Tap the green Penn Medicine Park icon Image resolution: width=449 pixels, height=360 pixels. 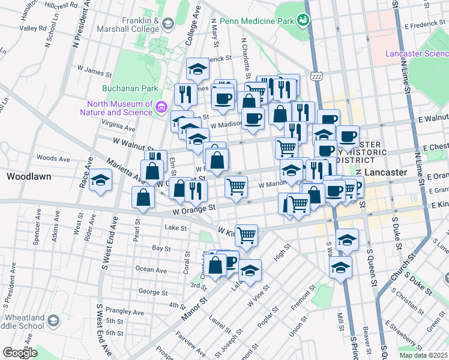[x=304, y=21]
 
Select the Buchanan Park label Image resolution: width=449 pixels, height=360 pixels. [x=130, y=88]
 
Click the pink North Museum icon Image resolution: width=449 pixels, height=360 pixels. [x=161, y=107]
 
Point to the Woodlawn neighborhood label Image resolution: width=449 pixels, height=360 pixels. [x=28, y=177]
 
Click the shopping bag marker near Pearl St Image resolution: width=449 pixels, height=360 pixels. [x=143, y=197]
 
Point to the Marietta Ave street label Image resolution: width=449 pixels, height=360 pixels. [x=125, y=170]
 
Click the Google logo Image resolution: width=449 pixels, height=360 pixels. [x=20, y=353]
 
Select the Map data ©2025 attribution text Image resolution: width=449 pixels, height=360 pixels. [x=423, y=355]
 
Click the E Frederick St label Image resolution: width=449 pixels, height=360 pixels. [x=426, y=26]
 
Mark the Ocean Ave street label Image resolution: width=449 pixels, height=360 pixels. [x=151, y=269]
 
